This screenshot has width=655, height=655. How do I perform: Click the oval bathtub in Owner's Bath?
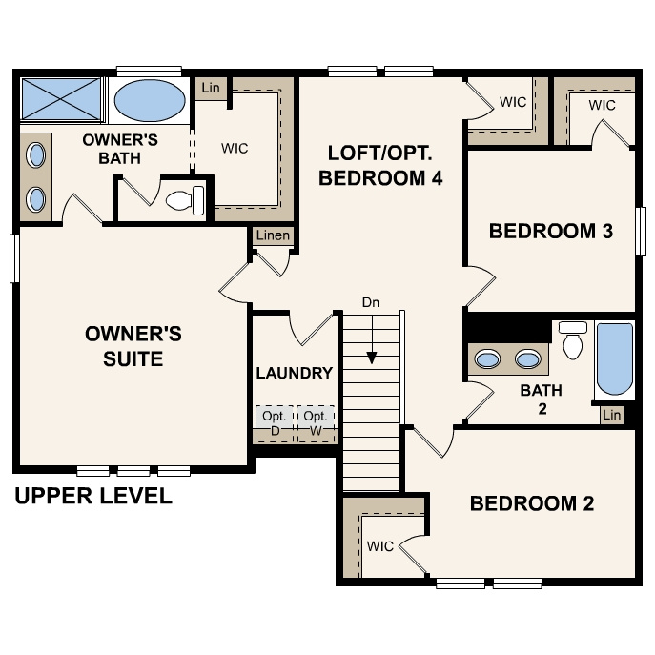point(151,99)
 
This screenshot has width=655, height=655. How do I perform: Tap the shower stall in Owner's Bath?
point(61,99)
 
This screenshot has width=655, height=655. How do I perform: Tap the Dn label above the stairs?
point(371,302)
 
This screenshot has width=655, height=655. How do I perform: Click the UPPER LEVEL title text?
point(93,496)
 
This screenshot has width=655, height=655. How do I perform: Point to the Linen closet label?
point(273,235)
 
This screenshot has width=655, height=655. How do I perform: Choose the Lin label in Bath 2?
point(611,415)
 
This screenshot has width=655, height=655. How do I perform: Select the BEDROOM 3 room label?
point(550,231)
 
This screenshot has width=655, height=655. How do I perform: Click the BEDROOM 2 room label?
point(531,503)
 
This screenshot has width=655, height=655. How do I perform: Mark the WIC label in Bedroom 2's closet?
point(380,546)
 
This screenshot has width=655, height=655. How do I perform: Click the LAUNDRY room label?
point(295,373)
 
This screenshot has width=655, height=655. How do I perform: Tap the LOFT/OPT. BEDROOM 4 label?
point(384,165)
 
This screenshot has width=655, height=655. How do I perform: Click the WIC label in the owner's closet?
point(235,148)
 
